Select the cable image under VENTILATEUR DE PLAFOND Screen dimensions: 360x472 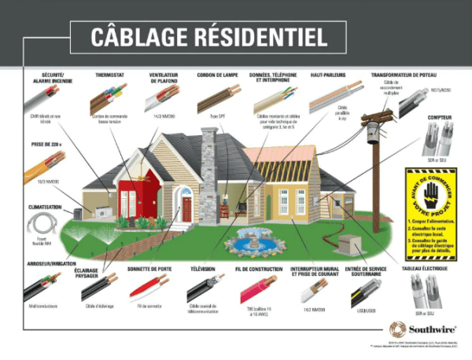pos(162,98)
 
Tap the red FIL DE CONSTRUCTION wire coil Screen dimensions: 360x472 pos(257,289)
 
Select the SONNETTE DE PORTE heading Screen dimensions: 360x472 pos(149,269)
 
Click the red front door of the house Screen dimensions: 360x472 pos(186,208)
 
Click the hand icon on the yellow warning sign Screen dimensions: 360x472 pos(430,194)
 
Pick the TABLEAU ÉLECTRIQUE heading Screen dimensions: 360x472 pos(432,269)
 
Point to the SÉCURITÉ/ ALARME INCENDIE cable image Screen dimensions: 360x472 pos(41,99)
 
